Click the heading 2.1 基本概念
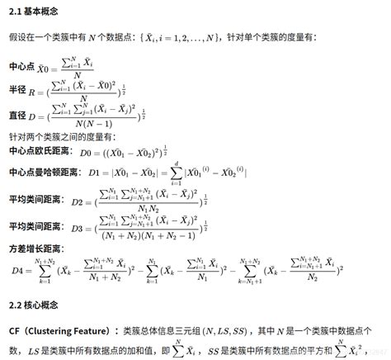point(31,10)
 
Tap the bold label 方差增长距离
point(35,247)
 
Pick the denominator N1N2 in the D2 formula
point(150,210)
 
